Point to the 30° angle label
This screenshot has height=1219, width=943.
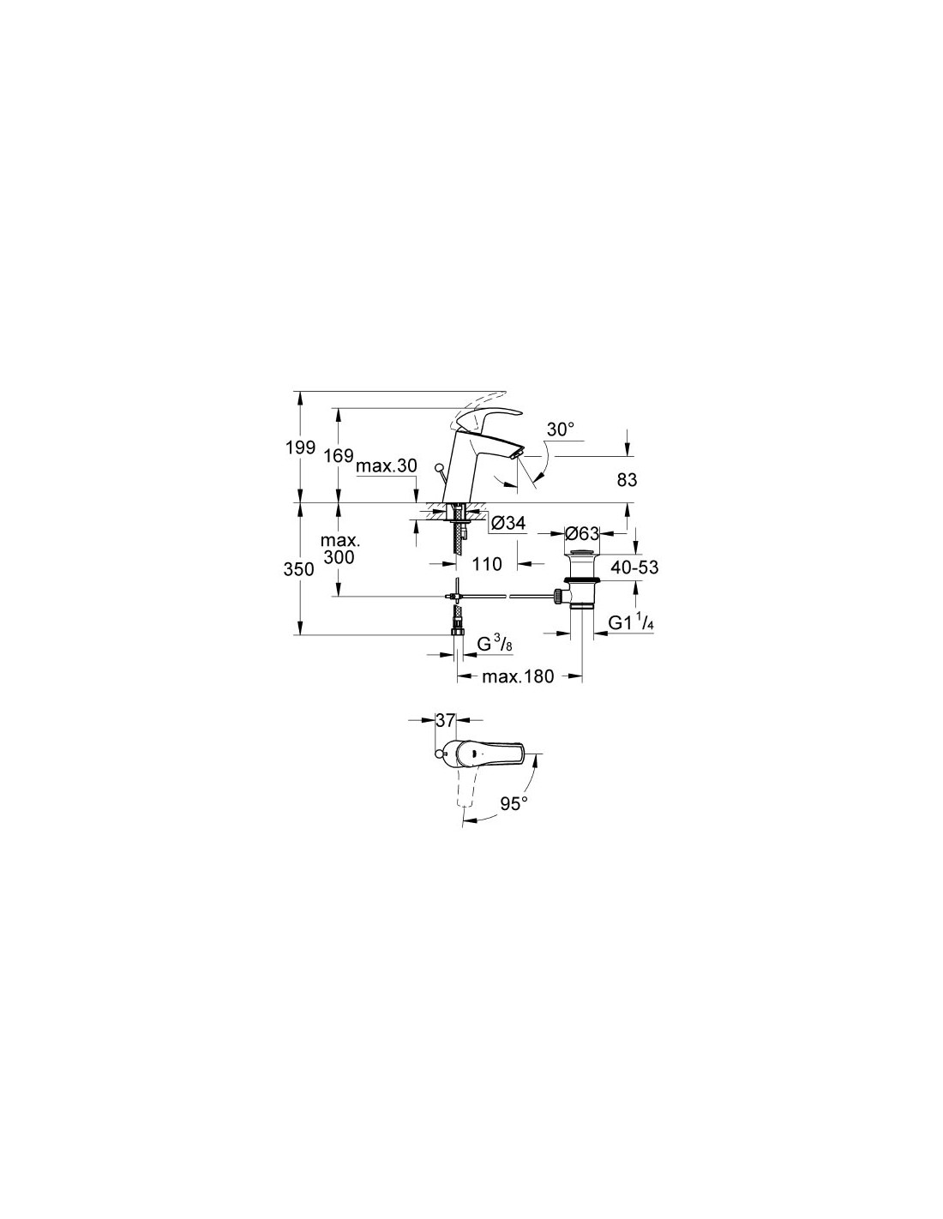(561, 429)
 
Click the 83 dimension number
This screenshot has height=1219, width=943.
(628, 480)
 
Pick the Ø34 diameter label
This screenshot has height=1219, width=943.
(508, 524)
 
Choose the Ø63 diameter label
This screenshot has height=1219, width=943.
(582, 533)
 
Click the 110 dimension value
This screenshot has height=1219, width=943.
(486, 564)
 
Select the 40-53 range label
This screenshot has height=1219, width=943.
(634, 567)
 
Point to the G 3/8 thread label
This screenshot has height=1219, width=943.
(495, 645)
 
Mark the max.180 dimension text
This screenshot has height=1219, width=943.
(518, 676)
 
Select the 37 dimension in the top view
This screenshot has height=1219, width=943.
(444, 721)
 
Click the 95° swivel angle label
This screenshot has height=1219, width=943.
(514, 803)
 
